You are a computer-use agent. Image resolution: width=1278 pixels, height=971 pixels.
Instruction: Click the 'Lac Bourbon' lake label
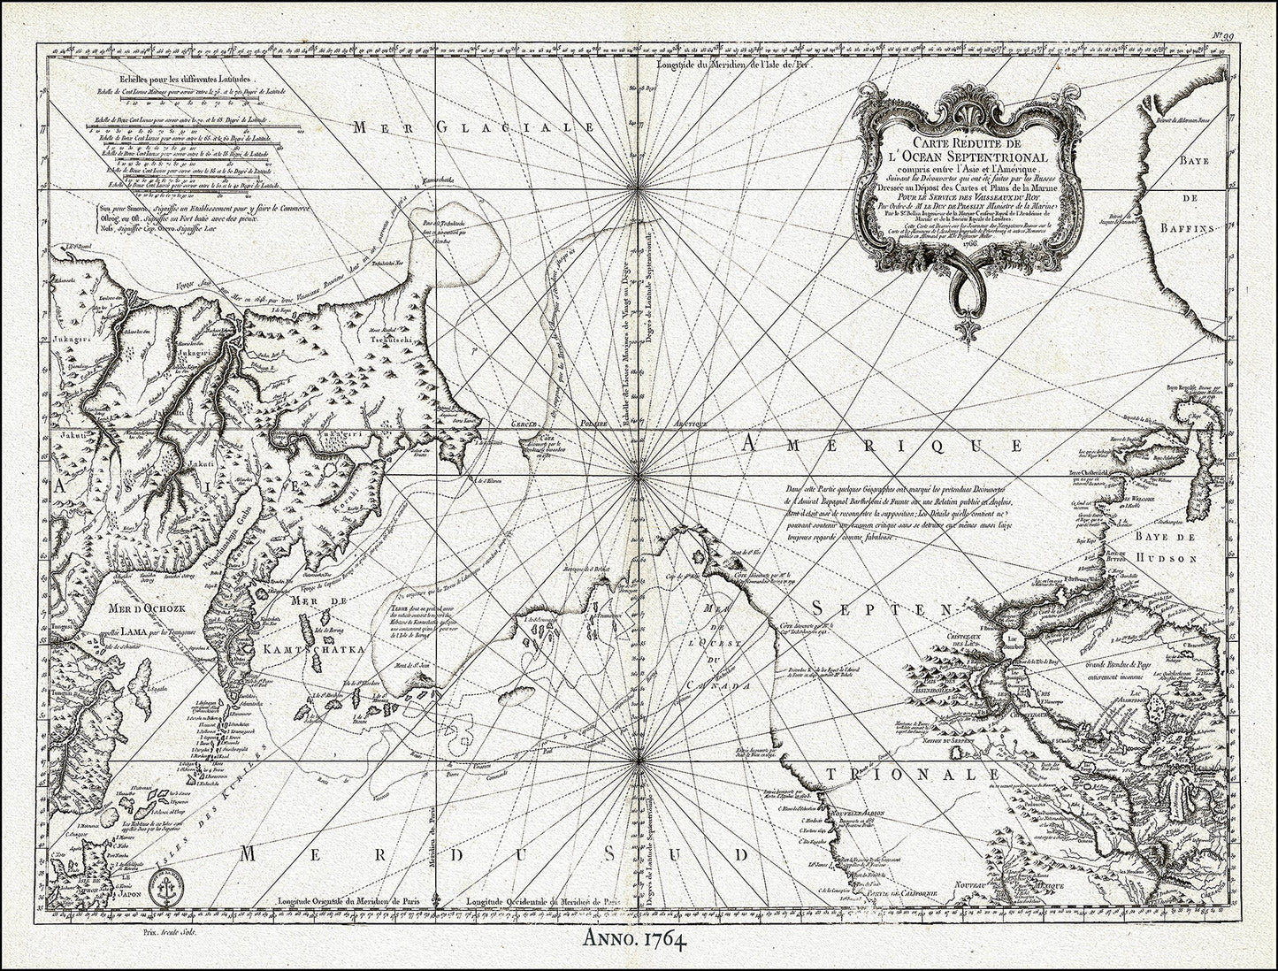[1012, 641]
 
